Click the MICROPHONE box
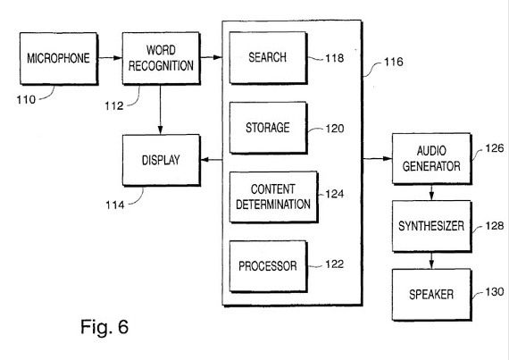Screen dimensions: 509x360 [x=59, y=58]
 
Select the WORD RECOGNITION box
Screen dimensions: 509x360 [x=161, y=58]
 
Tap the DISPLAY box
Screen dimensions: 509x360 [x=162, y=160]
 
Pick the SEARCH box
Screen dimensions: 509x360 [x=268, y=58]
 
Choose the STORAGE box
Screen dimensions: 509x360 [x=268, y=128]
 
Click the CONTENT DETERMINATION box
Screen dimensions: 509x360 [x=273, y=197]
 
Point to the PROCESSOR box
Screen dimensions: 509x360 [x=268, y=266]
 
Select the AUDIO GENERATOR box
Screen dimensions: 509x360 [x=431, y=159]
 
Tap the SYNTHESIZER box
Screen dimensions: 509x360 [x=431, y=226]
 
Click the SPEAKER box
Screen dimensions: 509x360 [x=431, y=295]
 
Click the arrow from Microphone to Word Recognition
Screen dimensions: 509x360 [x=110, y=58]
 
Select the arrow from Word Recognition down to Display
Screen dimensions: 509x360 [x=160, y=110]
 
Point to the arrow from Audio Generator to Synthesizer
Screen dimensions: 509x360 [x=431, y=192]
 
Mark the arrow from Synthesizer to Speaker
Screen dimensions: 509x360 [x=431, y=260]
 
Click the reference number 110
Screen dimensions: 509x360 [x=26, y=100]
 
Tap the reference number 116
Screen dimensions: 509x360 [x=394, y=62]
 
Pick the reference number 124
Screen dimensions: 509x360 [x=335, y=194]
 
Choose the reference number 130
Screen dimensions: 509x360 [x=495, y=291]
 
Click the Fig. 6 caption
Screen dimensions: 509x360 [x=104, y=327]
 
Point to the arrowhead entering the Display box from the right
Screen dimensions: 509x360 [x=205, y=160]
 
